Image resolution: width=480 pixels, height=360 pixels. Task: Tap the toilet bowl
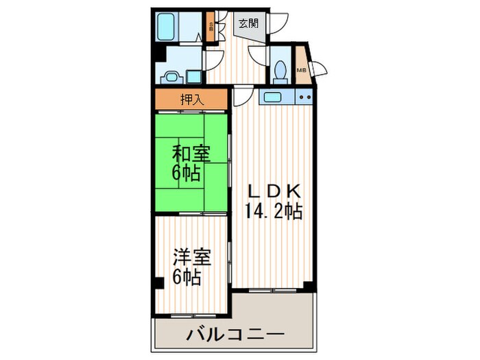[279, 70]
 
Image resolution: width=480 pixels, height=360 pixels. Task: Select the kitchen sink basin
[272, 97]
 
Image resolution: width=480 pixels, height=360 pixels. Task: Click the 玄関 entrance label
[248, 23]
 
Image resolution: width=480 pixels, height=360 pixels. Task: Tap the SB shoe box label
[211, 29]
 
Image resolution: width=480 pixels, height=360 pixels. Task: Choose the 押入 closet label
[192, 99]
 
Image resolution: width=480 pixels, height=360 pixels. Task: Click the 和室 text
[187, 153]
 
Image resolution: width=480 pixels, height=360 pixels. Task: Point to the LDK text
[274, 189]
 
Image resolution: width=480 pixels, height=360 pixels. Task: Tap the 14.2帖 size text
[274, 210]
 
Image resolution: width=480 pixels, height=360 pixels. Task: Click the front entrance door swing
[273, 24]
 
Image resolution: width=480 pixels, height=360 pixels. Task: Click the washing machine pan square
[194, 76]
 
